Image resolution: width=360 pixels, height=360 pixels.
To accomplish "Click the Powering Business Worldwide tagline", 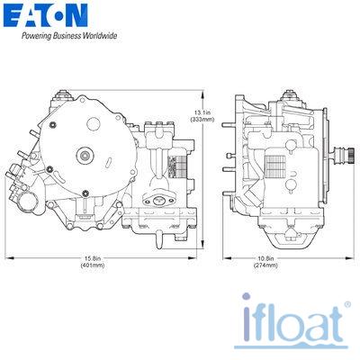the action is point(69,36).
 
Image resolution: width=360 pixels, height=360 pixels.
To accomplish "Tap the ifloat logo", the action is point(292,322).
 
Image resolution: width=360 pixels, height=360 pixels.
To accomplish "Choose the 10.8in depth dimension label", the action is point(265,258).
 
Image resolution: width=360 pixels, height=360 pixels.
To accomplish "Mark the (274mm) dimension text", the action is point(265,265).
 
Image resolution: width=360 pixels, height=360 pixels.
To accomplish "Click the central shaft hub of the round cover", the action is point(85,155).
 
